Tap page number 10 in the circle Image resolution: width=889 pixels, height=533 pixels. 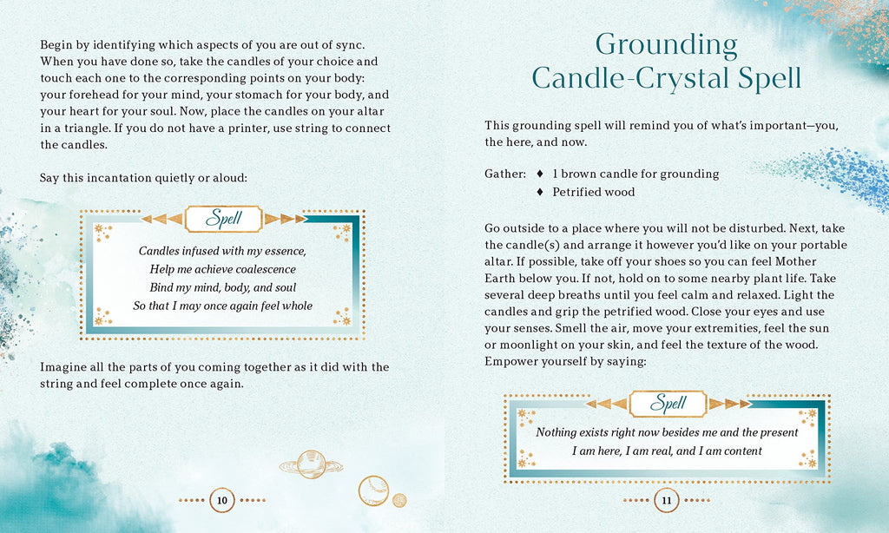(222, 500)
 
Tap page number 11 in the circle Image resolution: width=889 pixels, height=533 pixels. (667, 500)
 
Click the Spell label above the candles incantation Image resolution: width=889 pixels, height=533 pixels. (223, 218)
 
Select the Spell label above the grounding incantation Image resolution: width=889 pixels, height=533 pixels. (668, 403)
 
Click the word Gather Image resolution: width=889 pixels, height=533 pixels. (504, 174)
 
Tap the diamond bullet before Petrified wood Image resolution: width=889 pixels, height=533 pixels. (541, 192)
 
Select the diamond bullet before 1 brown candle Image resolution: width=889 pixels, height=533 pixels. (541, 174)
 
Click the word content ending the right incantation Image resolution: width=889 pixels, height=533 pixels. (741, 451)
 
